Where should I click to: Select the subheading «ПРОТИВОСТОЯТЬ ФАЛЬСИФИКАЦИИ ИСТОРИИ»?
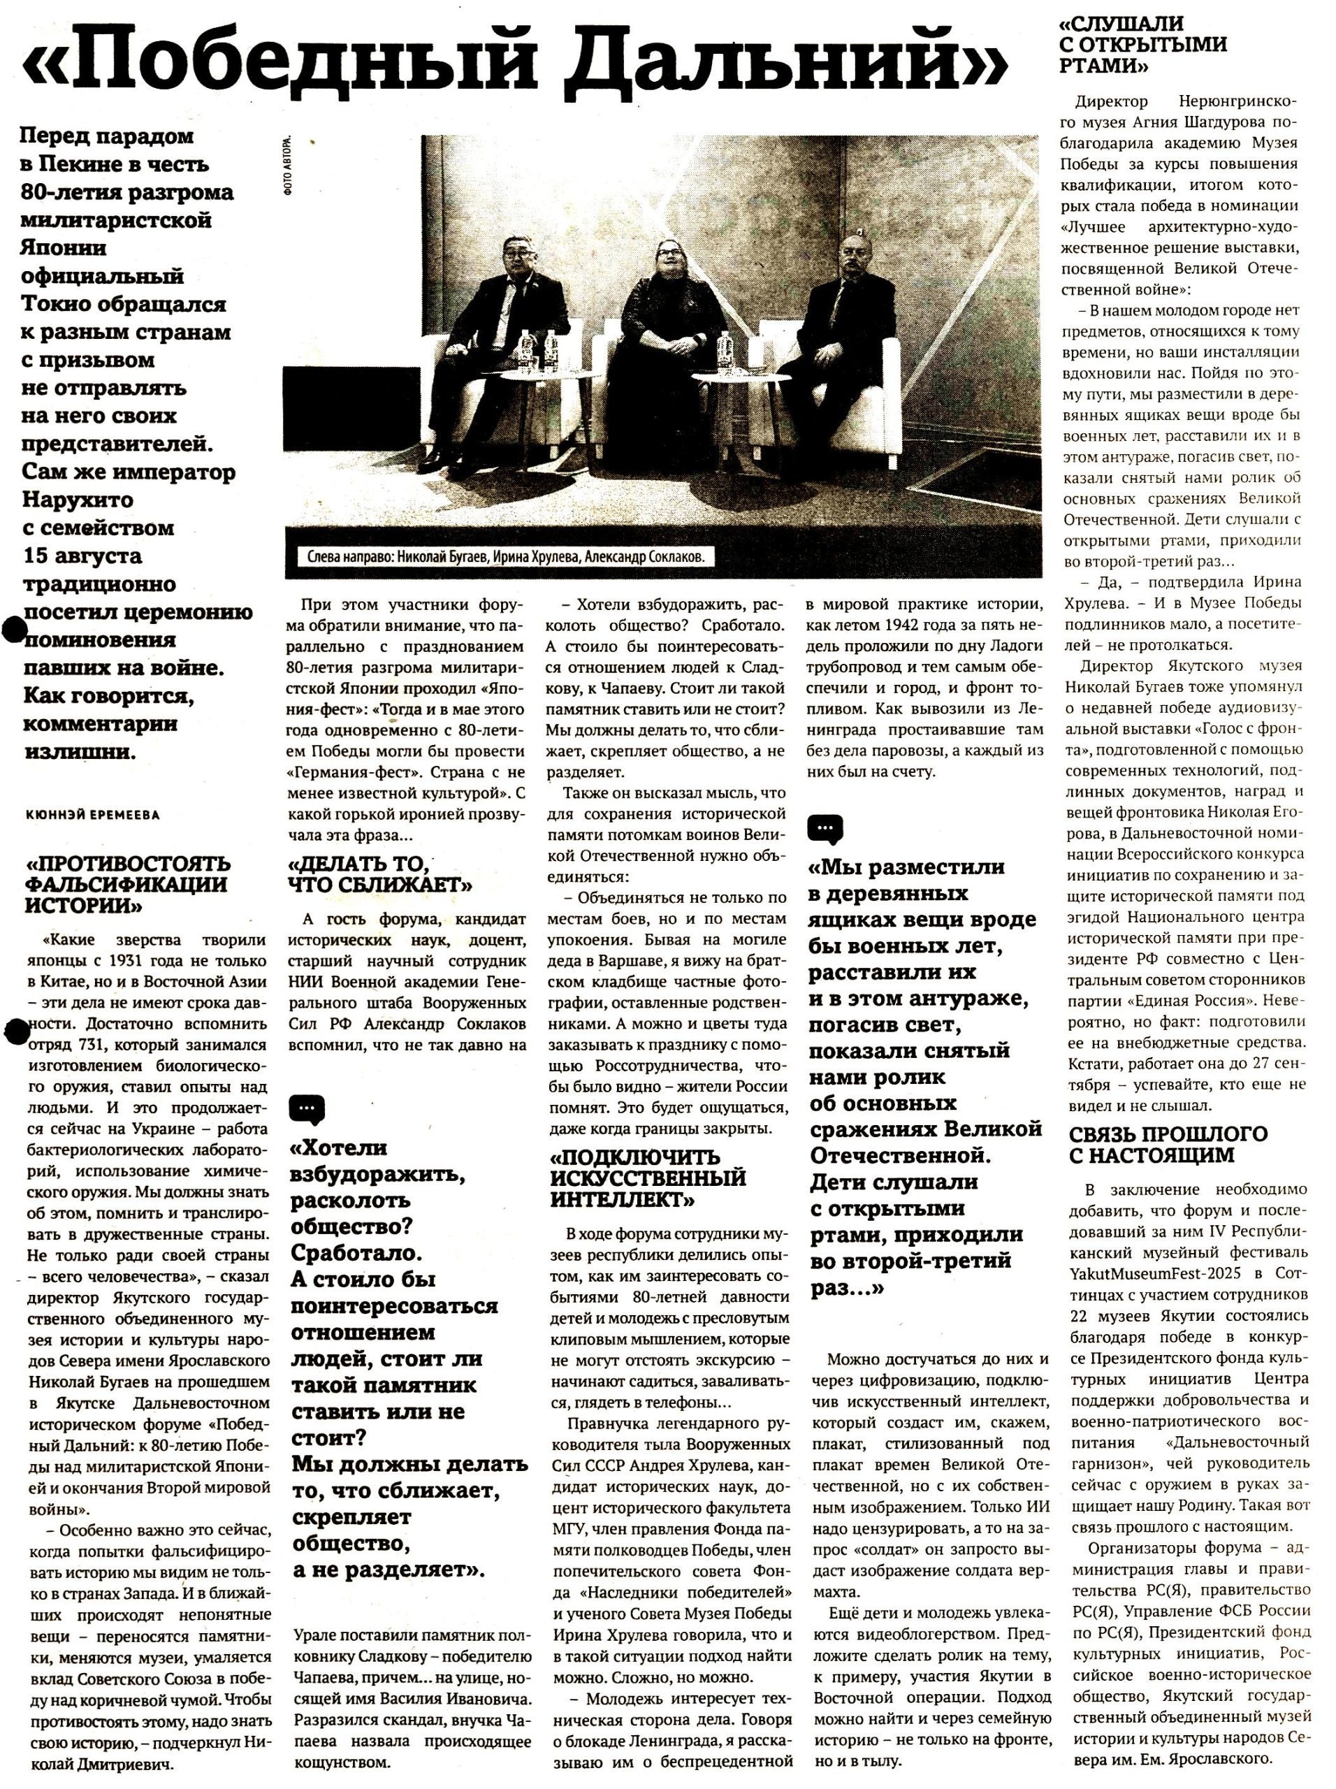click(x=128, y=884)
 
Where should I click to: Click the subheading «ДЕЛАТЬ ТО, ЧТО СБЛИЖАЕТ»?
click(x=380, y=874)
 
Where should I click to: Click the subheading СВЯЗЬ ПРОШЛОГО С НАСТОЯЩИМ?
click(x=1168, y=1143)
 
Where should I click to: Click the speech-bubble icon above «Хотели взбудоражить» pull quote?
click(x=307, y=1110)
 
